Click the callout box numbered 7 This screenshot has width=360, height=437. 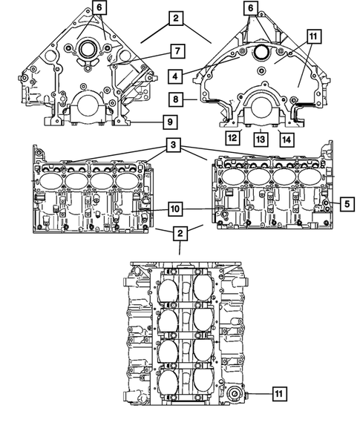pos(177,51)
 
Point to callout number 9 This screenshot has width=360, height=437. pos(169,121)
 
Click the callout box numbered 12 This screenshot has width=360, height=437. pos(232,137)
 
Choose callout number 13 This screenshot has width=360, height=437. pos(260,137)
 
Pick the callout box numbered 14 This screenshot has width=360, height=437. pos(285,137)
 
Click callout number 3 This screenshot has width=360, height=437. pos(172,147)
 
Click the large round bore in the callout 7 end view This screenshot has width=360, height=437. pos(85,50)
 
